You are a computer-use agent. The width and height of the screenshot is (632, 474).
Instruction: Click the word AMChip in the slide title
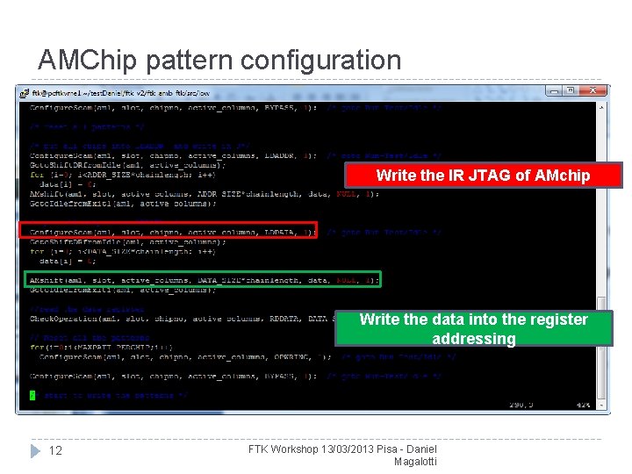[88, 61]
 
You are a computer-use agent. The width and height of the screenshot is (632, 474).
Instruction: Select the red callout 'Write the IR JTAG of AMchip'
[483, 176]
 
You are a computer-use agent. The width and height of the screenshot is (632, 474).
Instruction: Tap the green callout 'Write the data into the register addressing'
[473, 328]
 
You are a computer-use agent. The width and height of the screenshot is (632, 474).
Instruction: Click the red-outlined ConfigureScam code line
[168, 231]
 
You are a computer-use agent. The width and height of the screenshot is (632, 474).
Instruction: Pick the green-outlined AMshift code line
[202, 279]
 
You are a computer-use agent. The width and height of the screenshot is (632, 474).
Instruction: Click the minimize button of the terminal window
[554, 90]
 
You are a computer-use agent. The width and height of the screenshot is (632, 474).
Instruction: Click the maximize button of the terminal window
[570, 90]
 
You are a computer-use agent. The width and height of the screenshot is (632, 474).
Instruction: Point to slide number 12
[54, 450]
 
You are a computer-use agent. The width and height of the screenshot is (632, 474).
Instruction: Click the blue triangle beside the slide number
[35, 450]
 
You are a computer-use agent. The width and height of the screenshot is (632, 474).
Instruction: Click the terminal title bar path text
[122, 91]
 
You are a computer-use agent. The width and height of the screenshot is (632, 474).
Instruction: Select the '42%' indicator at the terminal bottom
[581, 404]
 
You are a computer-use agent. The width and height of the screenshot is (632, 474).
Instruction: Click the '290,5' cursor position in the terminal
[521, 404]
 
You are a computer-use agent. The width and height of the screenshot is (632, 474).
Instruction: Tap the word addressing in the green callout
[473, 339]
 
